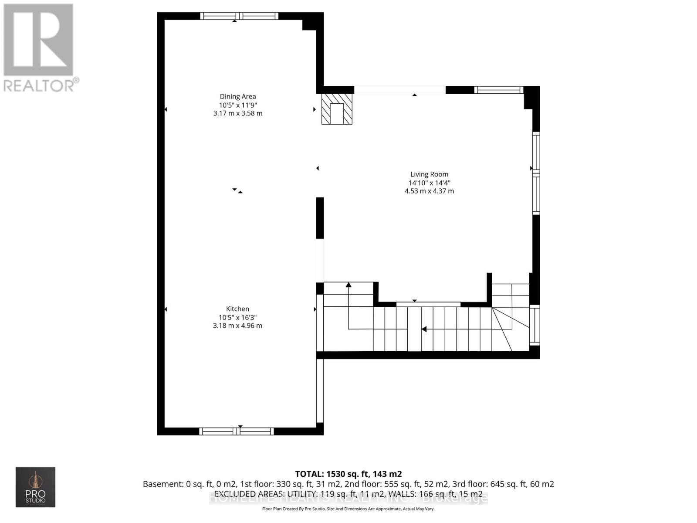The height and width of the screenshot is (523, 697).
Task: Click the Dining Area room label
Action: pos(237,96)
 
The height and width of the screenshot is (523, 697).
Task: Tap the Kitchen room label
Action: pos(237,309)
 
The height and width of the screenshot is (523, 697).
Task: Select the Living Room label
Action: pos(429,174)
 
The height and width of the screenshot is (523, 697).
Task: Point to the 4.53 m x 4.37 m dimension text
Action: pos(429,191)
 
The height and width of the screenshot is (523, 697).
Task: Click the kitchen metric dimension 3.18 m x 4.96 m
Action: pos(237,326)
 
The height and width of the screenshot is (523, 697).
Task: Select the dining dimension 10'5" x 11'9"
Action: pos(237,105)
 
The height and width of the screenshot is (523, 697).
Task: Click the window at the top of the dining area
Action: pos(239,16)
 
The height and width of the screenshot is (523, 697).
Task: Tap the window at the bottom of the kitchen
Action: pos(237,431)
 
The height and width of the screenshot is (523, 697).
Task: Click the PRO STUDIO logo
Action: pos(35,487)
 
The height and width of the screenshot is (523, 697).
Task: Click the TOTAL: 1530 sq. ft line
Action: pos(348,474)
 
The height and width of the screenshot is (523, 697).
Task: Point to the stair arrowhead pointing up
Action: pos(348,285)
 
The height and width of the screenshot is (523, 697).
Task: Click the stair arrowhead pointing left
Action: pos(423,329)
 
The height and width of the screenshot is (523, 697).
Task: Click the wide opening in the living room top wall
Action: pos(399,90)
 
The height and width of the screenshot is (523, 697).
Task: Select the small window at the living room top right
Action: pos(498,90)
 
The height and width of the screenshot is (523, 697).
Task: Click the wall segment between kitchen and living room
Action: pos(320,218)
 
